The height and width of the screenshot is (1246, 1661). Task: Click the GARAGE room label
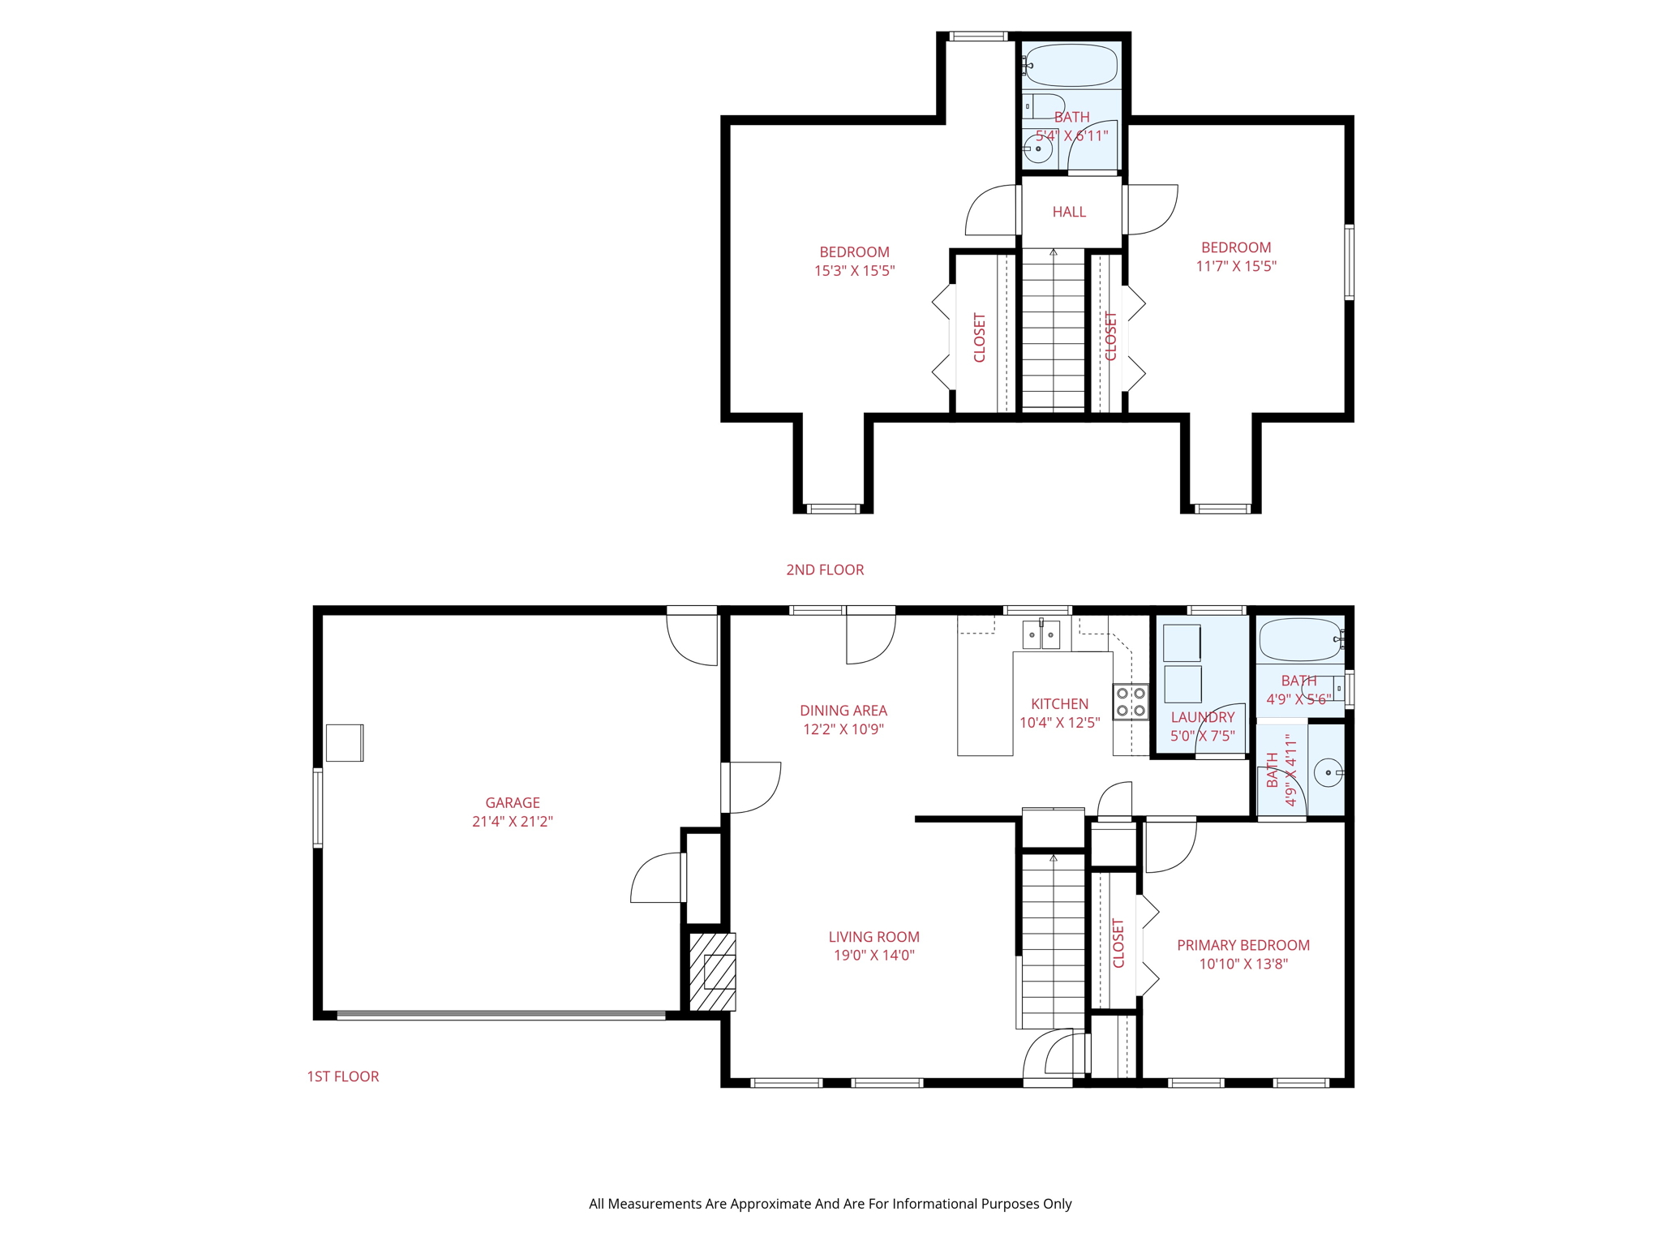[x=512, y=802]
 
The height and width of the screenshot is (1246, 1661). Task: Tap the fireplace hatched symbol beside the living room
[x=712, y=971]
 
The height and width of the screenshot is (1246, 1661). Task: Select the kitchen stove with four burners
[x=1131, y=702]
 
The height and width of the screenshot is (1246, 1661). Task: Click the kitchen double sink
[x=1041, y=635]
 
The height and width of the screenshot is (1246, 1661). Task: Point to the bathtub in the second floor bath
[x=1071, y=66]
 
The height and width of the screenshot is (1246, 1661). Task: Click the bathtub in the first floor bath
[x=1300, y=640]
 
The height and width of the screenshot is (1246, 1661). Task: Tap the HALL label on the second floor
[x=1069, y=212]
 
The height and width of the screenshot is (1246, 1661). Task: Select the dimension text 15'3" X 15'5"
[x=854, y=271]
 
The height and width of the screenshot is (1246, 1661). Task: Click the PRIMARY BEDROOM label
[x=1243, y=945]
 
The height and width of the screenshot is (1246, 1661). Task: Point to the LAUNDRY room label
[x=1202, y=717]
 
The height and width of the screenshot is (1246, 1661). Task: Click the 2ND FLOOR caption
[x=825, y=570]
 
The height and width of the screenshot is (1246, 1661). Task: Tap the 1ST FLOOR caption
[x=342, y=1076]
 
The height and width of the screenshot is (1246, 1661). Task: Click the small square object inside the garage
[x=345, y=742]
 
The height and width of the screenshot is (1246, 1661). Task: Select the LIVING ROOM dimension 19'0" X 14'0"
[x=873, y=956]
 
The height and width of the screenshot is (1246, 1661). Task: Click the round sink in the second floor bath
[x=1037, y=149]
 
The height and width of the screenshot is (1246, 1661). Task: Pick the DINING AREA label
[x=843, y=711]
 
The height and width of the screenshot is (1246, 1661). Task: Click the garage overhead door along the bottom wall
[x=501, y=1015]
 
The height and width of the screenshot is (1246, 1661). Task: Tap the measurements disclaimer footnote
[x=830, y=1204]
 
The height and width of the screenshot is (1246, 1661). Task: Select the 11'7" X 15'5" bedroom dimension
[x=1236, y=266]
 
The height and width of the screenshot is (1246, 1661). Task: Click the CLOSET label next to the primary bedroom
[x=1118, y=943]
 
